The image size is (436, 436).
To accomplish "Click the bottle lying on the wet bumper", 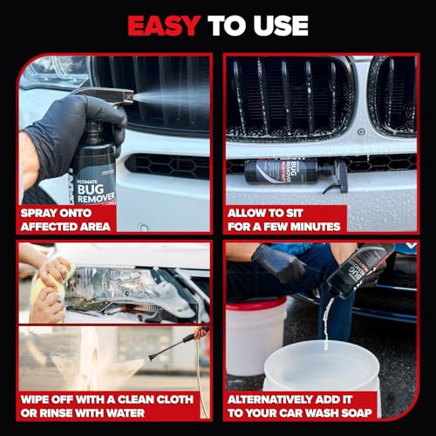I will point(296,170).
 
